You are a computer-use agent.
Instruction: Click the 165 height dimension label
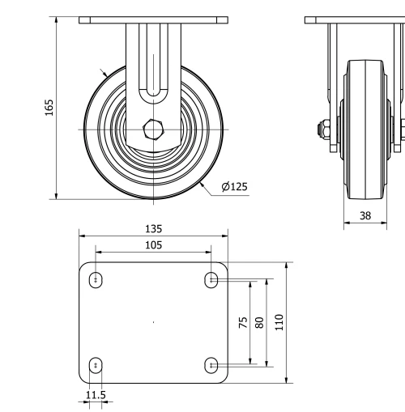point(49,107)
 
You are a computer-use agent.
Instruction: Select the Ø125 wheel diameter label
point(234,187)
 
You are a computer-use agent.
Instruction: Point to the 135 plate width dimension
point(153,228)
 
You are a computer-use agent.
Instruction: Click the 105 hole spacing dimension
point(153,244)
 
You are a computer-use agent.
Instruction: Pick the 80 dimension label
point(259,322)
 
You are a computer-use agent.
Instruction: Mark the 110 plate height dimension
point(279,322)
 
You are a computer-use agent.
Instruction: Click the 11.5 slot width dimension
point(96,395)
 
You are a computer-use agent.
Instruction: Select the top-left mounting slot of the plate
point(96,280)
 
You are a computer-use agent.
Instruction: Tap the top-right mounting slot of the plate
point(211,280)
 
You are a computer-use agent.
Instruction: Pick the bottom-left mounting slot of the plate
point(96,365)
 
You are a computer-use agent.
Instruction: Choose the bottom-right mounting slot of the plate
point(211,365)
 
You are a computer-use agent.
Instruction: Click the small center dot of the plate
point(154,322)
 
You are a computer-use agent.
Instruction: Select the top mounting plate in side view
point(355,19)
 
